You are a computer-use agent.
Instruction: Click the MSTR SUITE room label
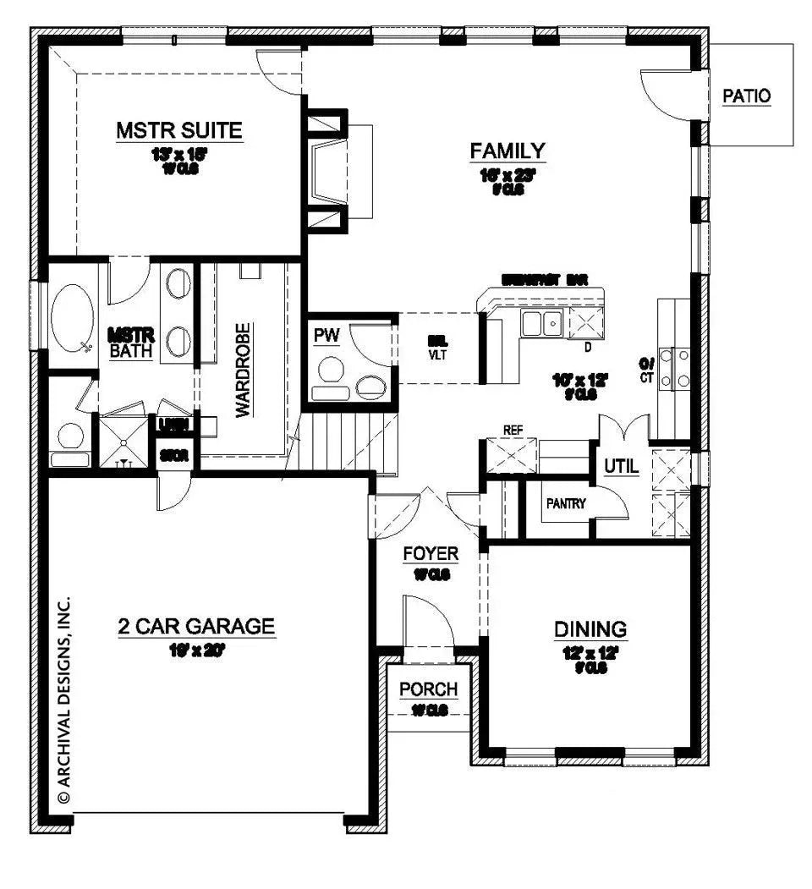pos(179,130)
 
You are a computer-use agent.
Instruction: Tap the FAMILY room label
pos(507,151)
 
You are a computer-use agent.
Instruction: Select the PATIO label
pos(746,96)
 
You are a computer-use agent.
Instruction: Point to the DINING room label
pos(590,628)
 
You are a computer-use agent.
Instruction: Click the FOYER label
pos(430,554)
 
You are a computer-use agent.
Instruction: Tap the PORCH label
pos(428,689)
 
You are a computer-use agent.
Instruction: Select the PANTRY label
pos(566,503)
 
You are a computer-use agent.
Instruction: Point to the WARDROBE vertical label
pos(243,370)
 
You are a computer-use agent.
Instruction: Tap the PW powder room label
pos(326,336)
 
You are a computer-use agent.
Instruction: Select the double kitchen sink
pos(542,323)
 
